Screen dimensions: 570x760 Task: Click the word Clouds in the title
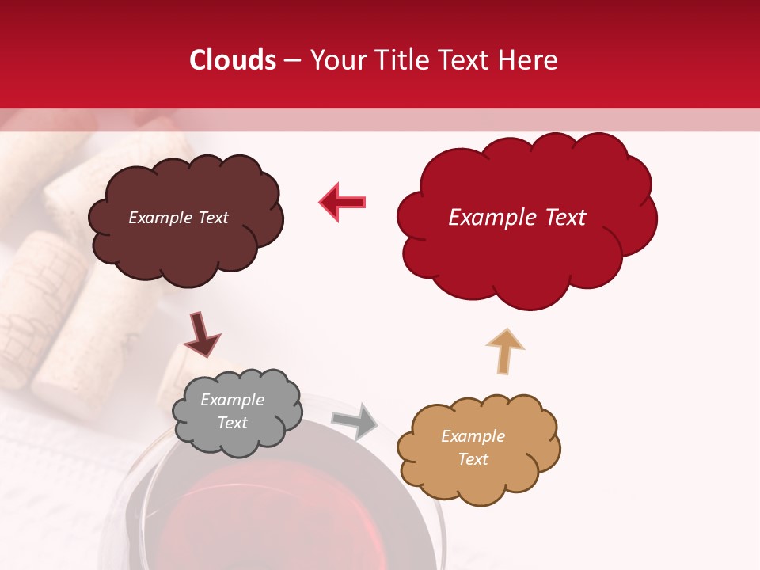[x=233, y=60]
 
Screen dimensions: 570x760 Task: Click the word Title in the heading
[x=399, y=60]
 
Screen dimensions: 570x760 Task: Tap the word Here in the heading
[x=529, y=60]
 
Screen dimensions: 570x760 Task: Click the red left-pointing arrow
[x=343, y=202]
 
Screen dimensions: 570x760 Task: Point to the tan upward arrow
[x=505, y=351]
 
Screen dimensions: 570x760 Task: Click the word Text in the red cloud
[x=565, y=218]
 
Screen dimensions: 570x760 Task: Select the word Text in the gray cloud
[x=233, y=423]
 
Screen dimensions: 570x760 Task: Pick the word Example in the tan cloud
[x=473, y=436]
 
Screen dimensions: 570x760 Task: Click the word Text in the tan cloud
[x=473, y=459]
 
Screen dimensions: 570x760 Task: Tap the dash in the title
[x=292, y=60]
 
